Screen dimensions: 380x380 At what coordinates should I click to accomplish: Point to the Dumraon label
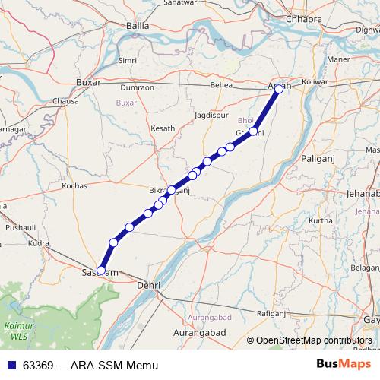[138, 87]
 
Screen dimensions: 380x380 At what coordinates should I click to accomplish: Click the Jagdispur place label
[211, 114]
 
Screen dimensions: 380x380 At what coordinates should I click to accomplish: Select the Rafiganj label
[271, 313]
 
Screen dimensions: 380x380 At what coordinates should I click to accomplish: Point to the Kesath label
[163, 128]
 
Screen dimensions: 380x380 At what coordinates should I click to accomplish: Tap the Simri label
[128, 59]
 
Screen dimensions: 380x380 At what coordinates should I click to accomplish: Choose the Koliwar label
[314, 81]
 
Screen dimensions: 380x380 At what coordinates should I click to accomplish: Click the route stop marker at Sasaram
[101, 270]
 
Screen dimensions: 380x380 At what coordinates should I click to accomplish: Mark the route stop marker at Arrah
[279, 89]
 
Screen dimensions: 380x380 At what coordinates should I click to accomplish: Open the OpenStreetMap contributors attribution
[314, 340]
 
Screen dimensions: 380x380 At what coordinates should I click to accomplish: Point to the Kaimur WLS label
[16, 329]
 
